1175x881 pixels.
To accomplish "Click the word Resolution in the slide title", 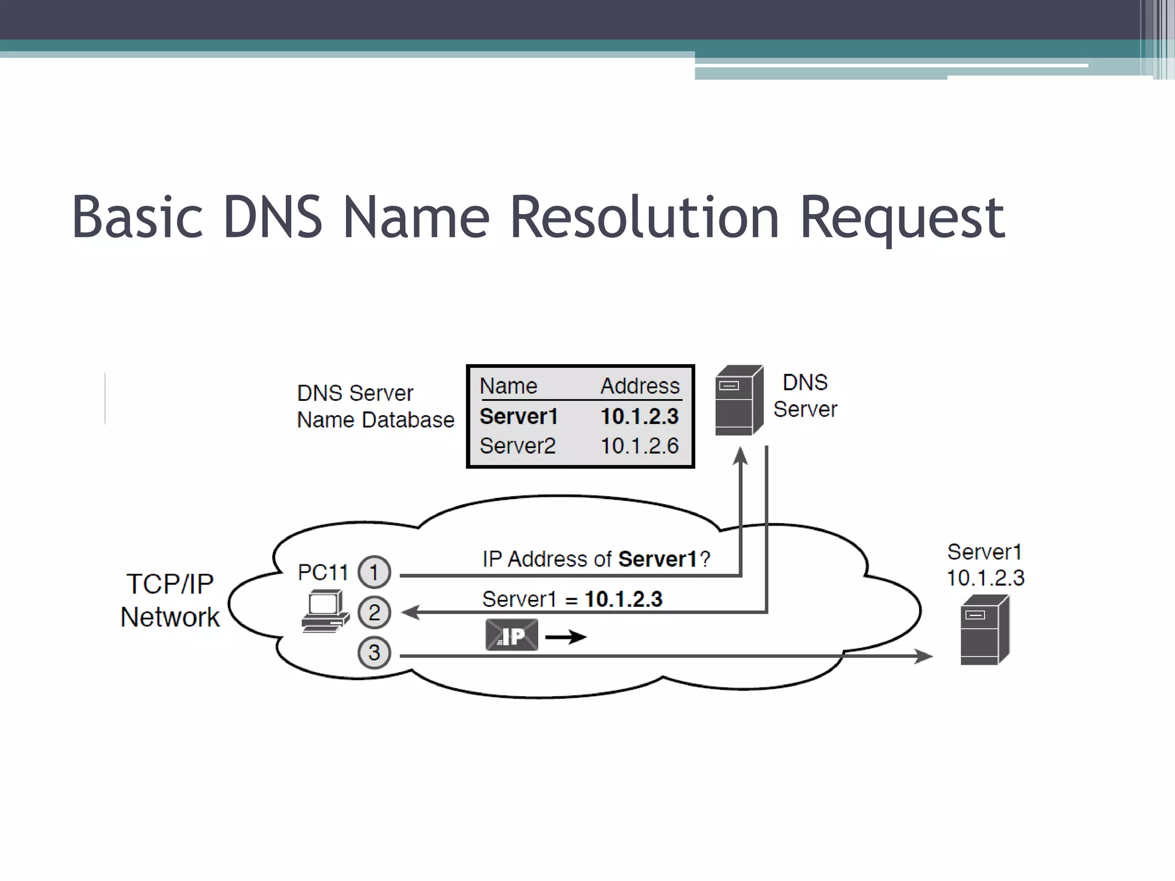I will coord(644,218).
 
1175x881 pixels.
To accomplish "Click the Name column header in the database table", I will coord(508,386).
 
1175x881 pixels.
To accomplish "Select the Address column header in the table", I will coord(640,386).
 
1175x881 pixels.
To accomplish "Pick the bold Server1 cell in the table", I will coord(519,416).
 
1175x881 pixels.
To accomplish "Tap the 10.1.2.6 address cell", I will coord(639,446).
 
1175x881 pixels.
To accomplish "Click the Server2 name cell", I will coord(518,446).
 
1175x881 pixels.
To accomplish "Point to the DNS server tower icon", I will coord(738,400).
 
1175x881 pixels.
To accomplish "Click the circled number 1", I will coord(374,572).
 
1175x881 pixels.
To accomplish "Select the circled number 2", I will coord(374,613).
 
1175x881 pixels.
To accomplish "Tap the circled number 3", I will coord(374,653).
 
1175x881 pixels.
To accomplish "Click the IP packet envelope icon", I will coord(512,635).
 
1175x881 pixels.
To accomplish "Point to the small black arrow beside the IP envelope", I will coord(566,637).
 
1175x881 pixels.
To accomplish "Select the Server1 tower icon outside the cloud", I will coord(985,630).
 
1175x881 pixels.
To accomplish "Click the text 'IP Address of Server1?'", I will coord(596,559).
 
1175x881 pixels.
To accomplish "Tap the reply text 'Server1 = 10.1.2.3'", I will coord(572,599).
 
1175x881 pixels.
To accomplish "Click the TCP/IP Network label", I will coord(170,601).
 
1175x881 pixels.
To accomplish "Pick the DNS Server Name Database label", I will coord(375,407).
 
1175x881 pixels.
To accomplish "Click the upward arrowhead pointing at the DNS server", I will coord(741,457).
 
